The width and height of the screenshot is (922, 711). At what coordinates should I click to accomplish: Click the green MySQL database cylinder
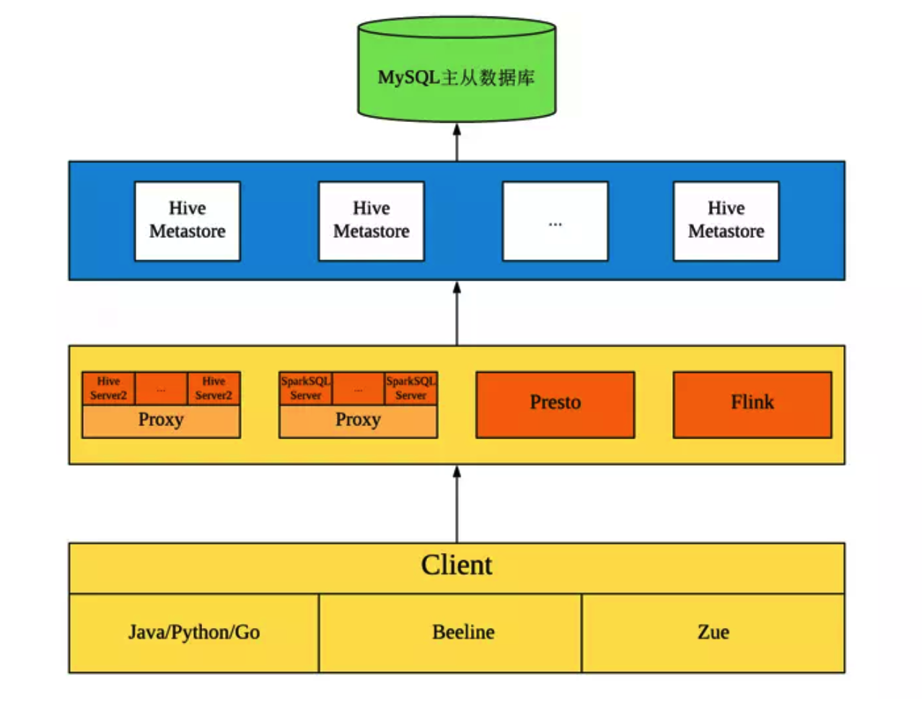457,72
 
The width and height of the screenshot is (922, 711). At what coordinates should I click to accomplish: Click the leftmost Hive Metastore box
188,221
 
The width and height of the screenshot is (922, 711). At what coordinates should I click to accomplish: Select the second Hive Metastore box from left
372,221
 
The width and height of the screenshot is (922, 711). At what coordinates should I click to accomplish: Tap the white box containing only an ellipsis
555,221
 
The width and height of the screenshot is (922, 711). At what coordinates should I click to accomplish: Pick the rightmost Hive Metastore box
726,221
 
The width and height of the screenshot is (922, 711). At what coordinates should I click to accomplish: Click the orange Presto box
555,404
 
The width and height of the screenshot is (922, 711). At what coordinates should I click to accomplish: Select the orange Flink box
752,404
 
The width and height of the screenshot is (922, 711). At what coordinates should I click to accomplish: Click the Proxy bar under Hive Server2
161,421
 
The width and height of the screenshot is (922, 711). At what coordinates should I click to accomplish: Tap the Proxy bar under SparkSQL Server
358,421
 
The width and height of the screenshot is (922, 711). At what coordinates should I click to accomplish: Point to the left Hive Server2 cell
108,389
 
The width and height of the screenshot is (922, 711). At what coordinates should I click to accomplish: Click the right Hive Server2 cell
214,389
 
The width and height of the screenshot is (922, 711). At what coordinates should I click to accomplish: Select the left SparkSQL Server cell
305,389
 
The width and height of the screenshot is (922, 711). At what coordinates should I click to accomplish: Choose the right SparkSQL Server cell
410,389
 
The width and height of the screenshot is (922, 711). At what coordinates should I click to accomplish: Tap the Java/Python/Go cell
194,633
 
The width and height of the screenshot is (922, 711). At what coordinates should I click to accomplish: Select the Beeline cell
463,633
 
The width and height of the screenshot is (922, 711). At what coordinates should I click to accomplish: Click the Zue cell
713,633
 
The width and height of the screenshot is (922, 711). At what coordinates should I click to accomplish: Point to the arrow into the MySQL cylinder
457,142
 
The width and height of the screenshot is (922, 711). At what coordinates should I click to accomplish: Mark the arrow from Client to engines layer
457,504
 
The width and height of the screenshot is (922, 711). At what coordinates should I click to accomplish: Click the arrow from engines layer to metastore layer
457,314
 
